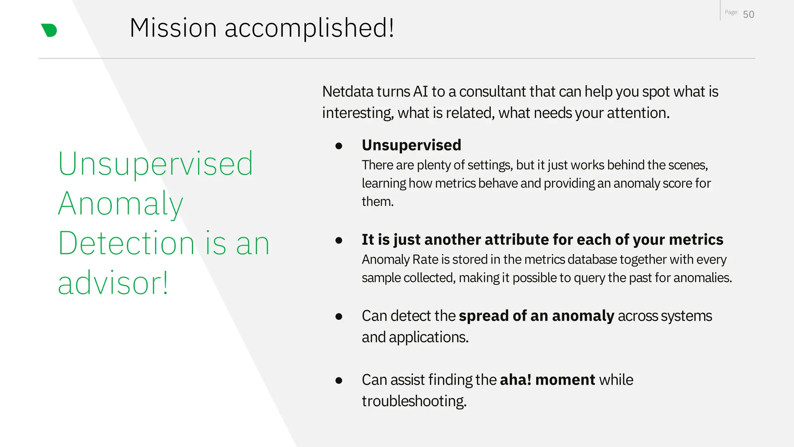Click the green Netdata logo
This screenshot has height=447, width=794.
click(49, 30)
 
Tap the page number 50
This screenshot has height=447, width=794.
click(748, 14)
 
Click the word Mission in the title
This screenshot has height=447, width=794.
click(173, 28)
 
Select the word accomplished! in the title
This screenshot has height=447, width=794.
click(309, 28)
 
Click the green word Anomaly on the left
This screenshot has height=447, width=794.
click(121, 204)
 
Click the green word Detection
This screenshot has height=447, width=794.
click(126, 243)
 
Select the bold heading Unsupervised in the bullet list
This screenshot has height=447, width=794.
click(411, 145)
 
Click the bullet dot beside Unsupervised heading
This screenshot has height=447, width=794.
click(339, 146)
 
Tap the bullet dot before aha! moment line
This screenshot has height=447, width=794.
click(339, 381)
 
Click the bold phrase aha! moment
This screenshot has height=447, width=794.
click(547, 380)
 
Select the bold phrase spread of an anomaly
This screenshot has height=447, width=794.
click(537, 316)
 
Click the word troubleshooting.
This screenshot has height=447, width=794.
click(414, 401)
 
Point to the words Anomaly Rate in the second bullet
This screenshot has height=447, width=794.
click(400, 259)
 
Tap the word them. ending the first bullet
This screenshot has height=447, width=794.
click(378, 202)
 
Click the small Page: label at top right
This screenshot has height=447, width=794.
click(731, 12)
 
